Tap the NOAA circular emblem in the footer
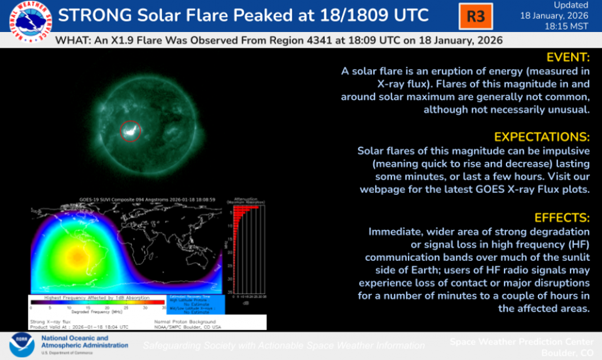22,346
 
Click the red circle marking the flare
130,131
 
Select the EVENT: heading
568,57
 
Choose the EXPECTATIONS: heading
542,137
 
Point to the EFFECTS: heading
562,218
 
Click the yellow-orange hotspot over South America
77,256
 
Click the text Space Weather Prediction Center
522,341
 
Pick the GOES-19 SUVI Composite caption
148,199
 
